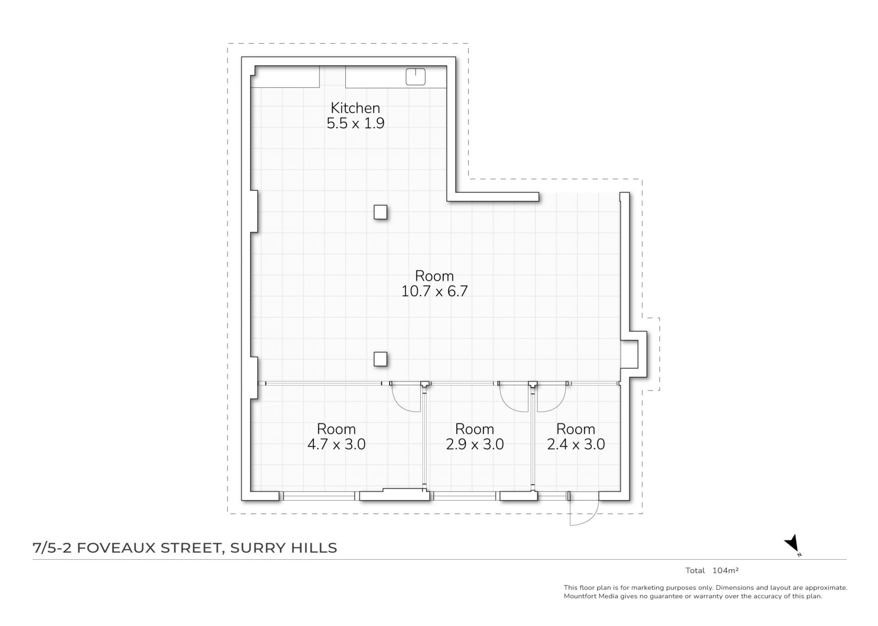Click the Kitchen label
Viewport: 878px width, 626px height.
tap(355, 108)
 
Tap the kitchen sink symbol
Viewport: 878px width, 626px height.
tap(416, 77)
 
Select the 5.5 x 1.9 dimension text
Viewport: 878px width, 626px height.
tap(355, 123)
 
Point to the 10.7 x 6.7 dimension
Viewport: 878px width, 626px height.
tap(434, 291)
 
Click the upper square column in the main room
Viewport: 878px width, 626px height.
tap(380, 212)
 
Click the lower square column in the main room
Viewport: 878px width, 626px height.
tap(380, 359)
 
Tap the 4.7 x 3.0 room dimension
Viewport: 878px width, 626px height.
tap(337, 444)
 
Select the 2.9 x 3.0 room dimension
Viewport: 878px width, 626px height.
tap(475, 444)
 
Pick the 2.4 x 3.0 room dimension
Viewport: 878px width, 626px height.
tap(576, 444)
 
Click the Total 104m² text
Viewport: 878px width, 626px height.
tap(712, 571)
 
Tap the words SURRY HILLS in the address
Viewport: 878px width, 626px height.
tap(284, 548)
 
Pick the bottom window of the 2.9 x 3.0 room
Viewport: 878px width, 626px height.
tap(465, 496)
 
